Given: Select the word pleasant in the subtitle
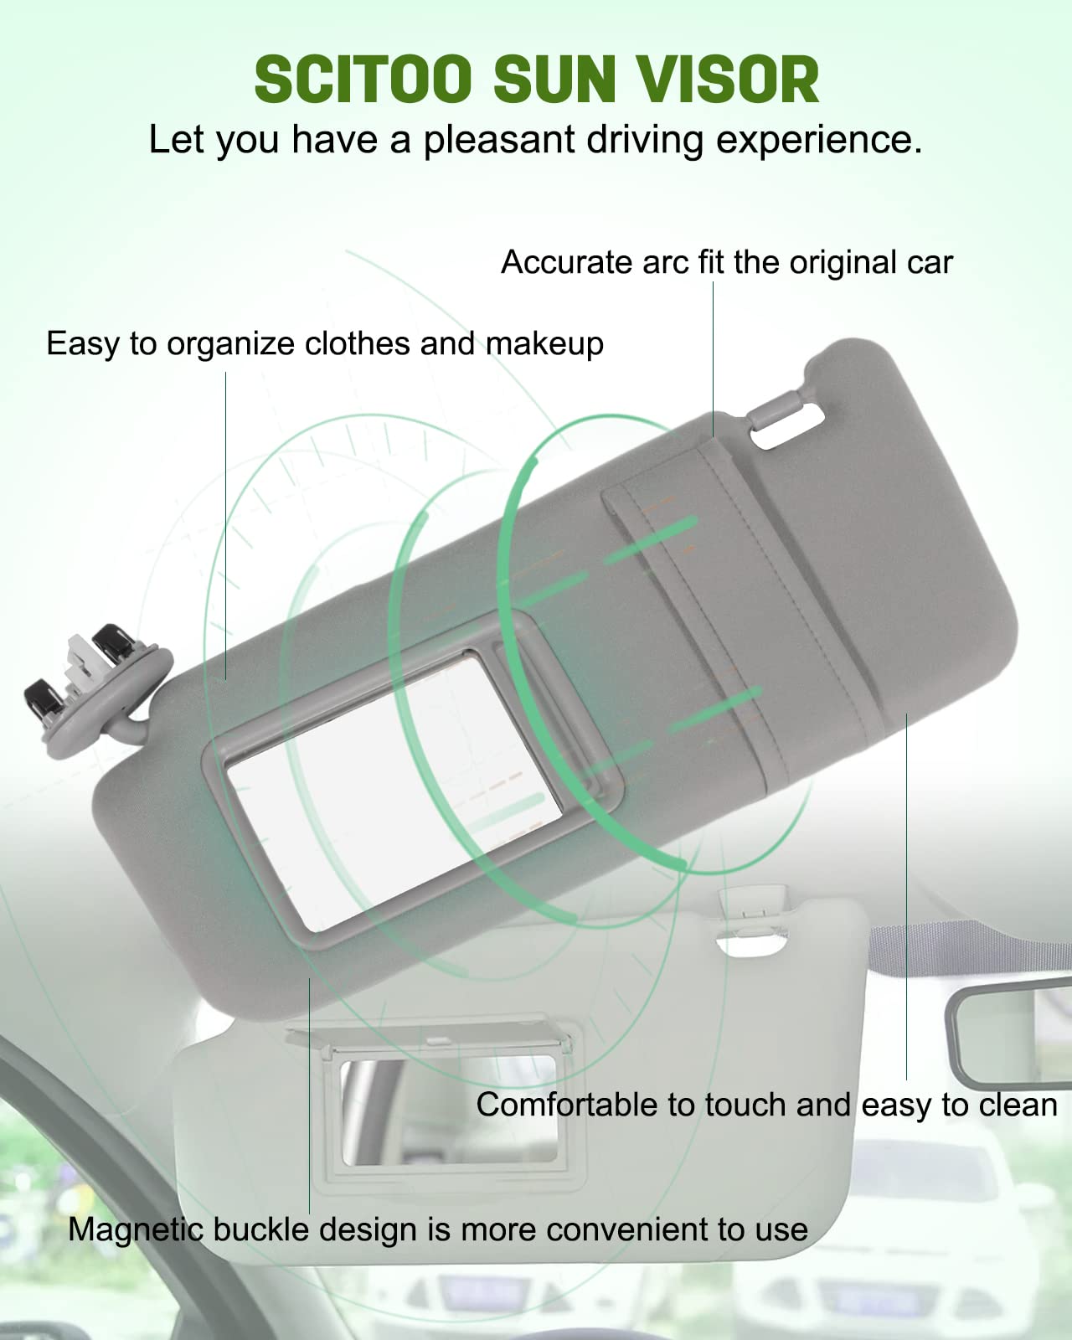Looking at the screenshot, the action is pyautogui.click(x=499, y=141).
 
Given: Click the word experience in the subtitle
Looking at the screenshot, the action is pyautogui.click(x=818, y=141).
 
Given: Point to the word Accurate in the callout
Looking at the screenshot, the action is pyautogui.click(x=567, y=262).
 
